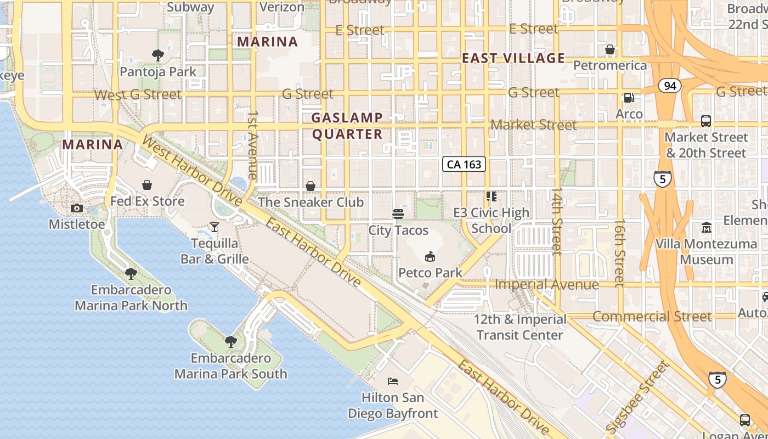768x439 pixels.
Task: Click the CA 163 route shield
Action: pos(464,164)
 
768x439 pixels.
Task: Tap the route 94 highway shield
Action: pos(669,86)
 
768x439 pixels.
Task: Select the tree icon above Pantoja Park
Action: pos(158,55)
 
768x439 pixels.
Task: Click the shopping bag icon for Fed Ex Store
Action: pos(147,185)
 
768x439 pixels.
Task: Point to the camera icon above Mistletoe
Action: pos(77,208)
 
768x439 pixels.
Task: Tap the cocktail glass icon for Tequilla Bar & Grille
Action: pos(214,227)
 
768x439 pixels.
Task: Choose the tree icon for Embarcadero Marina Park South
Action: pos(231,342)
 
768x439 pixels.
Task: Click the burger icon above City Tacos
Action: pos(398,213)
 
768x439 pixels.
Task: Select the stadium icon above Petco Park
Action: pos(431,256)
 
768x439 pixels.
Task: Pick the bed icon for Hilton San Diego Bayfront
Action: pos(393,381)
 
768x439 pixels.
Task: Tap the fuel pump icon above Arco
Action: pos(629,98)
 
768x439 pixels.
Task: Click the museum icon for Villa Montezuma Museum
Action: pos(706,227)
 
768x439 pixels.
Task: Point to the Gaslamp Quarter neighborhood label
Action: pos(347,126)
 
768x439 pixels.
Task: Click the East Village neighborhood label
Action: pos(513,58)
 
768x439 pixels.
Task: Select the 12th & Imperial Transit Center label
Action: pos(519,327)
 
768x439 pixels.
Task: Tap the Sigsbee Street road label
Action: pos(639,395)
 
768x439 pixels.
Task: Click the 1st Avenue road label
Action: pos(253,145)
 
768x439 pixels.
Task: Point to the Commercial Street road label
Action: pos(652,317)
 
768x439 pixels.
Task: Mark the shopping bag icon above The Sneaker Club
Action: pos(310,186)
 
